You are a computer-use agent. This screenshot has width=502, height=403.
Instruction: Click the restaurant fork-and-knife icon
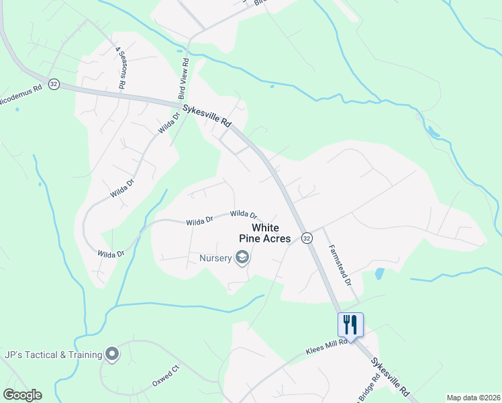tap(350, 324)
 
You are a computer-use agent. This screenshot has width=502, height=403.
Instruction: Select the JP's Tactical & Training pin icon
tap(112, 354)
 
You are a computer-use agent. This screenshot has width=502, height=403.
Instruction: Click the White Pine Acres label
tap(271, 233)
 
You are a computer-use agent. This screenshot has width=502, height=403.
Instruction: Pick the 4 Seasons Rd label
tap(122, 68)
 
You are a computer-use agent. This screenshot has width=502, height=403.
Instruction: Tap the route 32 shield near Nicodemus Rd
tap(54, 85)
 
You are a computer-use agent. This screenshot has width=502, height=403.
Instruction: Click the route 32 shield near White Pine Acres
tap(306, 238)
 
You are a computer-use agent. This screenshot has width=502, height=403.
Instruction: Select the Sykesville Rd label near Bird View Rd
tap(207, 116)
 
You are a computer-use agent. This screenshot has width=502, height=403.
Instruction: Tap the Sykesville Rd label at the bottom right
tap(390, 375)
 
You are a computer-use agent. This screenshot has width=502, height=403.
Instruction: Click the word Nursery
tap(214, 258)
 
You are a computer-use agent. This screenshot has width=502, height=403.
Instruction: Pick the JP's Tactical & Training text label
tap(52, 354)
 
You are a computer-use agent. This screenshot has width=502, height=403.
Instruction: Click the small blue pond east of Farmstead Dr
tap(380, 273)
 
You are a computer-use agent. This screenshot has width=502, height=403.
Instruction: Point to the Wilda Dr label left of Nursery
tap(111, 253)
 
